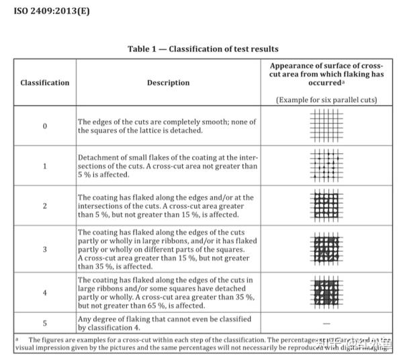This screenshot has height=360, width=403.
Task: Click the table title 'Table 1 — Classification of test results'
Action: pyautogui.click(x=203, y=49)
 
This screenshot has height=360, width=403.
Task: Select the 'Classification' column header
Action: pyautogui.click(x=44, y=83)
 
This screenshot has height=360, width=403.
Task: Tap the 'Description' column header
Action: pyautogui.click(x=168, y=83)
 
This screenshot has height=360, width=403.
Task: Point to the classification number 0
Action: pyautogui.click(x=44, y=126)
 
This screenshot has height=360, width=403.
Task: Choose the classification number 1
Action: pyautogui.click(x=44, y=165)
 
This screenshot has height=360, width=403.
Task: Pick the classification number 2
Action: pyautogui.click(x=44, y=206)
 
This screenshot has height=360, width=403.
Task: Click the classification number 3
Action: pyautogui.click(x=44, y=249)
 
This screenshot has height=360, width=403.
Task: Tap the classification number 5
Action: pyautogui.click(x=44, y=323)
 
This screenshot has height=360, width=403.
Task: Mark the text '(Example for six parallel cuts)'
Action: pyautogui.click(x=326, y=99)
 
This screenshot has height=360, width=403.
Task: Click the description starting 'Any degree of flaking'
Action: pyautogui.click(x=164, y=323)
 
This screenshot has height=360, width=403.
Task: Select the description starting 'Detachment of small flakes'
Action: pyautogui.click(x=167, y=165)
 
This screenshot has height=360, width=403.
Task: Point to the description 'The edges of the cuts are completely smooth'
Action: pyautogui.click(x=167, y=126)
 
